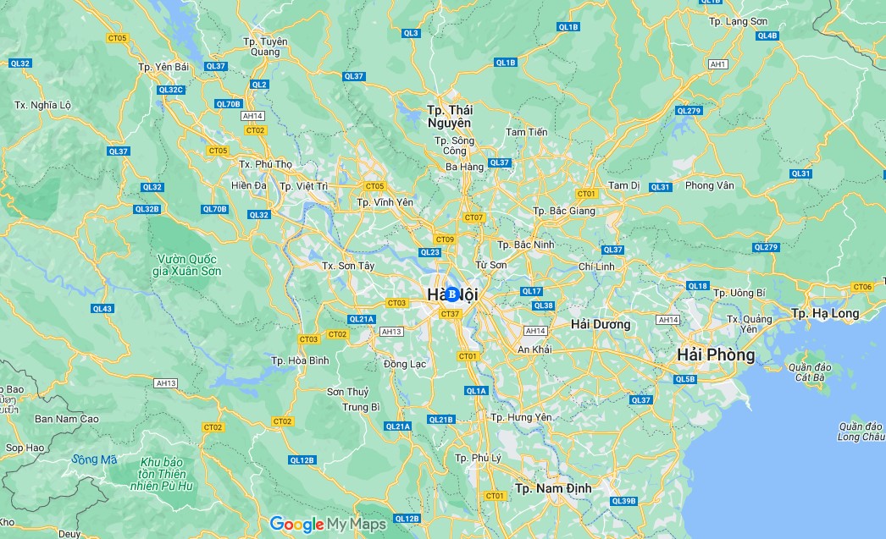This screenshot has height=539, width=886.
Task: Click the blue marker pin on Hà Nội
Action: point(452,294)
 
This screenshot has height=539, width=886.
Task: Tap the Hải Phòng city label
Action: point(715,355)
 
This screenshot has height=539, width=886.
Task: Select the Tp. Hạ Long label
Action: point(824,313)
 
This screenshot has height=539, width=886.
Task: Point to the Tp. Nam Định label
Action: point(553,488)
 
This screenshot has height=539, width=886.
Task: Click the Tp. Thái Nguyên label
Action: point(450,117)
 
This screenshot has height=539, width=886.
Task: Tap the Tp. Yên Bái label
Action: point(163,66)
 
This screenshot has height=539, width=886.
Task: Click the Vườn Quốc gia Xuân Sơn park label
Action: point(187,265)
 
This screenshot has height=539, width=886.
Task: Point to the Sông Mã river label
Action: point(94,459)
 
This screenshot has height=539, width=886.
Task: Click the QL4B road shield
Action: point(767,36)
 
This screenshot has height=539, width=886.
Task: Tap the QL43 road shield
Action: point(102,309)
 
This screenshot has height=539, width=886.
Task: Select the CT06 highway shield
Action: point(862,287)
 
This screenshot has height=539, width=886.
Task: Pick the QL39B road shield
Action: point(623,501)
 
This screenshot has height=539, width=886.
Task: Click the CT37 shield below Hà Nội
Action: point(450,314)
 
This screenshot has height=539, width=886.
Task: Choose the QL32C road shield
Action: point(170,90)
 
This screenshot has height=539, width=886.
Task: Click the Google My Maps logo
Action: point(329,524)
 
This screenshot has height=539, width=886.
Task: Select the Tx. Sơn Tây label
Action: point(348,266)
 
